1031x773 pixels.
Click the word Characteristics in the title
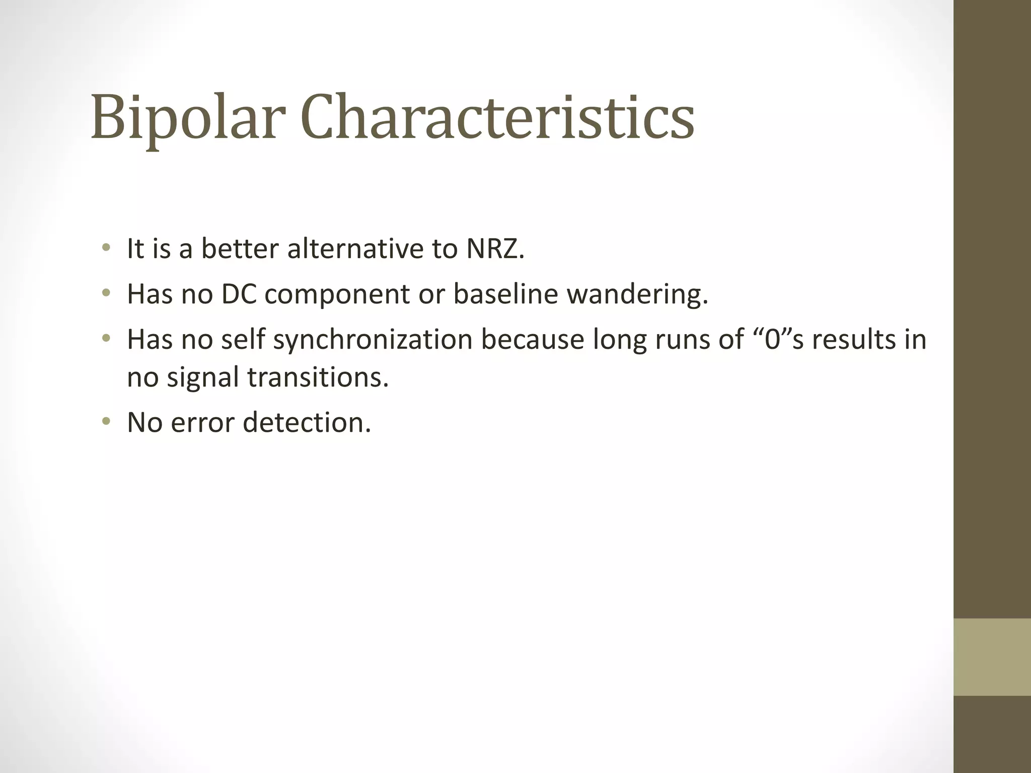[497, 117]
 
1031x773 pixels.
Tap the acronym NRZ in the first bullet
[495, 249]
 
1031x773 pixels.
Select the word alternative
[352, 249]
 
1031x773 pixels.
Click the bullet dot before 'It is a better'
[106, 247]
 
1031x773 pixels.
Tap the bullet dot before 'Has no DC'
[106, 292]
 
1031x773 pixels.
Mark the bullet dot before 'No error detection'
[106, 421]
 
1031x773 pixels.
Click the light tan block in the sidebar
[992, 657]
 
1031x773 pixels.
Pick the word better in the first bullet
[240, 249]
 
